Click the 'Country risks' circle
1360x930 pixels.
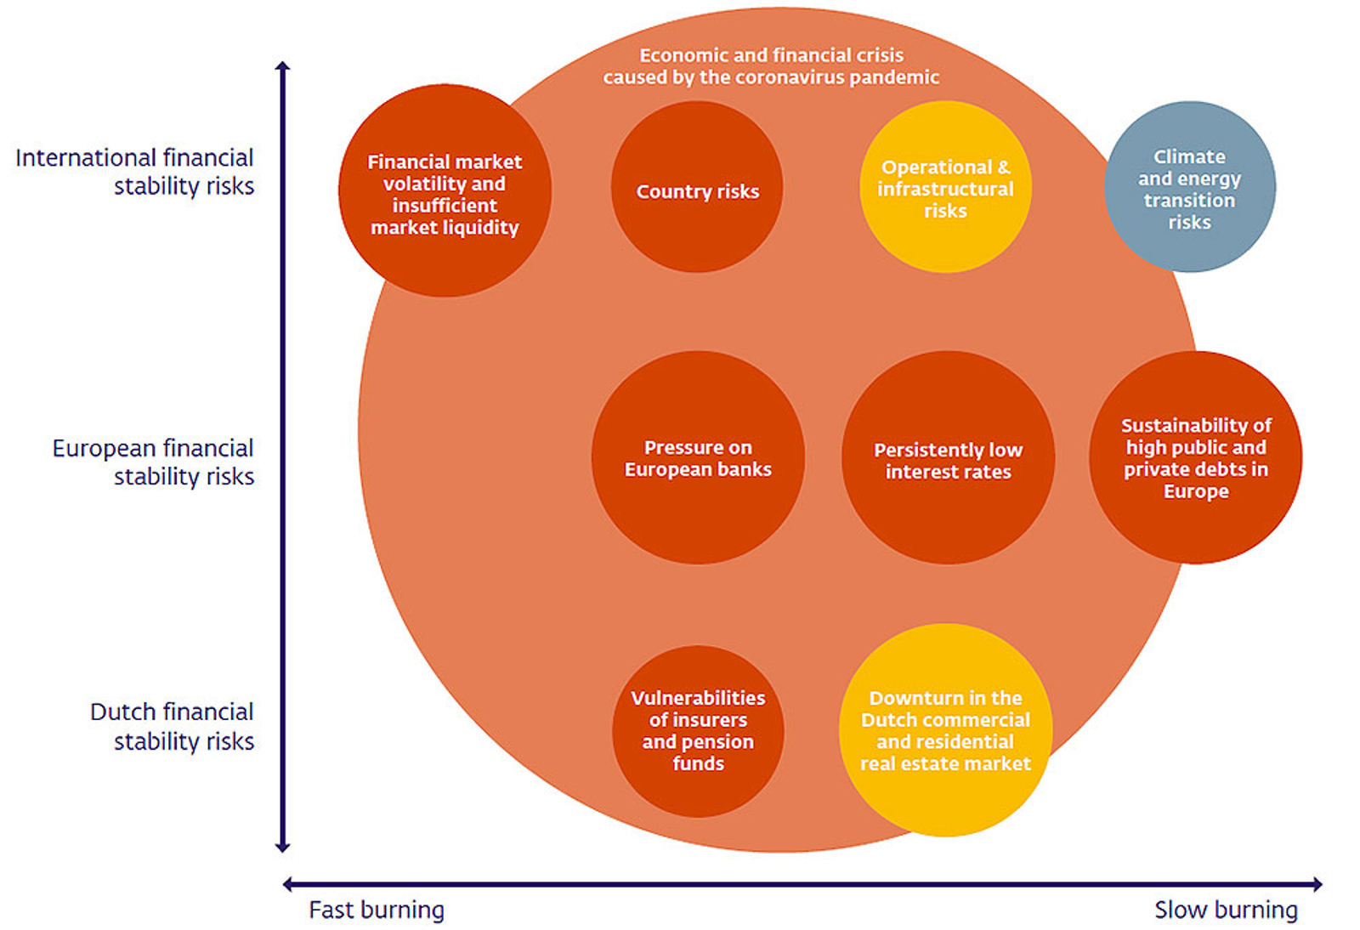tap(697, 188)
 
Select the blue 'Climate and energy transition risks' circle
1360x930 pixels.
tap(1190, 188)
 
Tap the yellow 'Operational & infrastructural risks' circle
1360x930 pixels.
tap(946, 188)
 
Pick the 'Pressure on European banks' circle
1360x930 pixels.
tap(698, 458)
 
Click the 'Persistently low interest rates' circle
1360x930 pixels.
tap(949, 458)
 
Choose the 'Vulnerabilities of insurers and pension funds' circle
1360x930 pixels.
tap(698, 731)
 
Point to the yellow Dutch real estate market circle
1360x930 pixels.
tap(946, 731)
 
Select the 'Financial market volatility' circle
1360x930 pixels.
tap(445, 191)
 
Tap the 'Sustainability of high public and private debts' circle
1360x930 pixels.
tap(1196, 458)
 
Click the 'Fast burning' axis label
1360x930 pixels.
tap(377, 910)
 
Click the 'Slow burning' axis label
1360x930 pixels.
tap(1226, 910)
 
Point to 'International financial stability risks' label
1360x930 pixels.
tap(135, 172)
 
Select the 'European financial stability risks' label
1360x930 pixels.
tap(154, 462)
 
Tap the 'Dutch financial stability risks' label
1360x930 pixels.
tap(173, 726)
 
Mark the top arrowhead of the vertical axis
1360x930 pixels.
tap(283, 65)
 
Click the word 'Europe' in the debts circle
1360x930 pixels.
tap(1196, 491)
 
